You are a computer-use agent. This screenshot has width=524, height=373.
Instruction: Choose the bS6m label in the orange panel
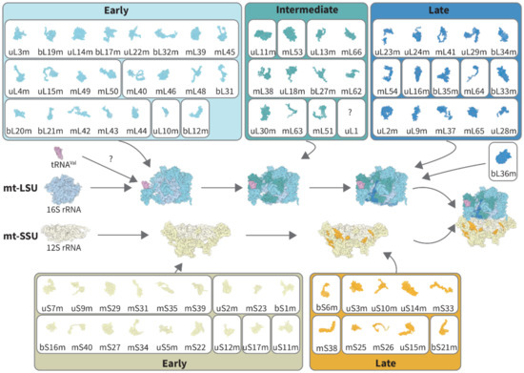pyautogui.click(x=328, y=309)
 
